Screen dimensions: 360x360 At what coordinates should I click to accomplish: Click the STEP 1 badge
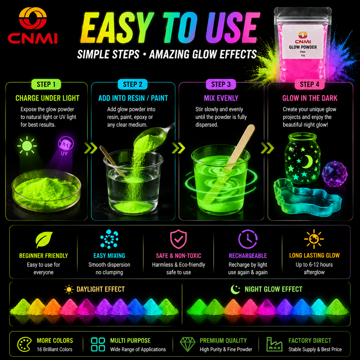click(46, 84)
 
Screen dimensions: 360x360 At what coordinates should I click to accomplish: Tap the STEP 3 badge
click(221, 84)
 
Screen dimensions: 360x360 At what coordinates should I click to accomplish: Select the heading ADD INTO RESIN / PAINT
click(133, 98)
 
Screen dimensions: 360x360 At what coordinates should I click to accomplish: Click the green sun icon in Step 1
click(27, 146)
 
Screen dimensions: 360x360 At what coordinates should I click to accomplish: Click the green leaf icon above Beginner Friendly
click(44, 240)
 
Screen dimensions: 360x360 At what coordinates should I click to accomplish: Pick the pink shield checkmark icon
click(178, 239)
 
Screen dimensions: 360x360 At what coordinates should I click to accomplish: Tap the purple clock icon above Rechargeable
click(248, 239)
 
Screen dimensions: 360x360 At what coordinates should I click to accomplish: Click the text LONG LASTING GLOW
click(314, 256)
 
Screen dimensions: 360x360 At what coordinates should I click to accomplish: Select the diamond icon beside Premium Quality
click(187, 344)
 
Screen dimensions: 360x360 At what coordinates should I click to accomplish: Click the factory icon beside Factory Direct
click(274, 344)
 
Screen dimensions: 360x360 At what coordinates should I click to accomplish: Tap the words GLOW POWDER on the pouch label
click(303, 47)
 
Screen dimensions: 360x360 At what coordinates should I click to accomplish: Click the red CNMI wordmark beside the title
click(32, 38)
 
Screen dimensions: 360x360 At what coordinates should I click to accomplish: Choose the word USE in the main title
click(233, 28)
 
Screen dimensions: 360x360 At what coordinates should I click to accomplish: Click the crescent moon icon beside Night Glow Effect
click(235, 289)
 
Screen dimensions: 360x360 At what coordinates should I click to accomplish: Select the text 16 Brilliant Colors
click(55, 349)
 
